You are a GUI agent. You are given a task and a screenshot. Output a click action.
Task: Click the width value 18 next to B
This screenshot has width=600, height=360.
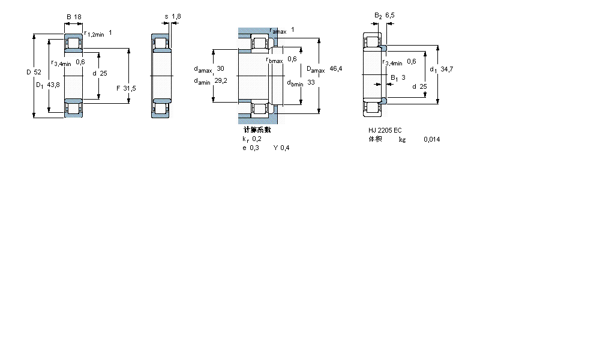[77, 17]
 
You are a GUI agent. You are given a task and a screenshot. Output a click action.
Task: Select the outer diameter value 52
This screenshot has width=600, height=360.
[37, 72]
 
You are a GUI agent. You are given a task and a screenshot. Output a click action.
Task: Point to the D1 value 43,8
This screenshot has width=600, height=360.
[53, 85]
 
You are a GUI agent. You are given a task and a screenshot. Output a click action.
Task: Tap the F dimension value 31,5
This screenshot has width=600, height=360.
[130, 88]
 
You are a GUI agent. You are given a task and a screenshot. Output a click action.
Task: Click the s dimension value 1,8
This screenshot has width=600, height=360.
[176, 17]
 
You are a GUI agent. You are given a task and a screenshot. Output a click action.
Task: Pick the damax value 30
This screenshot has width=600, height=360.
[220, 68]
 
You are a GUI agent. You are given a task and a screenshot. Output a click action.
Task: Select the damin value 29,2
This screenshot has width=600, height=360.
[221, 81]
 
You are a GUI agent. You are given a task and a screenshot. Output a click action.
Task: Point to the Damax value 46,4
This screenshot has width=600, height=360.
[336, 69]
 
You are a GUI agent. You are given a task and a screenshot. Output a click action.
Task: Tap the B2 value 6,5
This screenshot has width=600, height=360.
[390, 16]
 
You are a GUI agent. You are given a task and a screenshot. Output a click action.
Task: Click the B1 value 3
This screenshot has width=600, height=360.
[403, 77]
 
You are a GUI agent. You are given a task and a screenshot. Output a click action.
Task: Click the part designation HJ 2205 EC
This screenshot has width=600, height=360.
[385, 130]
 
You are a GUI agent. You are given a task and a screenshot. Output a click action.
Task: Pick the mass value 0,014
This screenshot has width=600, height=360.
[431, 139]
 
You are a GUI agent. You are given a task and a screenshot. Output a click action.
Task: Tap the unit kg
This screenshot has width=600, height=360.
[402, 139]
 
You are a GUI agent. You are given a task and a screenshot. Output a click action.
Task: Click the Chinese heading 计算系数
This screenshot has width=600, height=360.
[257, 130]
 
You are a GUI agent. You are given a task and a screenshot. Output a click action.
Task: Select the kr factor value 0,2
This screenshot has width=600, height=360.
[257, 139]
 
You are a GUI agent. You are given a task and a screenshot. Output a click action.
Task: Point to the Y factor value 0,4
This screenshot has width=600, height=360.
[285, 148]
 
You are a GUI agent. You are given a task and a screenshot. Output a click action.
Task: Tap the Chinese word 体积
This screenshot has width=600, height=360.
[375, 139]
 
